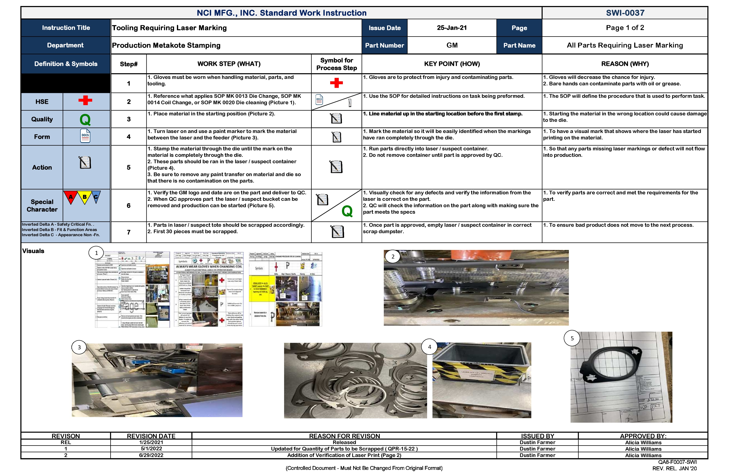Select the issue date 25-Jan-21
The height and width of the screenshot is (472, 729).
452,28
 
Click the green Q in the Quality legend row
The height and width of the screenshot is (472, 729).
85,120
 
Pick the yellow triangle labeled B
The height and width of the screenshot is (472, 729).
84,197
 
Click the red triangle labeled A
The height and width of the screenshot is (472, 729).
71,197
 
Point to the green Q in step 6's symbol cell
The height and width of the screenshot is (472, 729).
347,211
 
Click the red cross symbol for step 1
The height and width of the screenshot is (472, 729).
336,83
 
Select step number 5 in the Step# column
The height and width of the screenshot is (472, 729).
129,167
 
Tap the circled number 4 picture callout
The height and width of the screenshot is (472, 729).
429,347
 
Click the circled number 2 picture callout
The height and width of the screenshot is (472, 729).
393,257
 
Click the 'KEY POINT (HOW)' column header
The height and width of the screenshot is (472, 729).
452,64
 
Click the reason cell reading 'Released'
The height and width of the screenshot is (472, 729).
344,442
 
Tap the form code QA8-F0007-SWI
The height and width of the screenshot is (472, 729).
677,462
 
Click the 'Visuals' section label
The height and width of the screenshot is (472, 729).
33,251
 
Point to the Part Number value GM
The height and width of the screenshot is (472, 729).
452,45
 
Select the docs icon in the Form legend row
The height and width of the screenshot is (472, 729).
85,136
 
